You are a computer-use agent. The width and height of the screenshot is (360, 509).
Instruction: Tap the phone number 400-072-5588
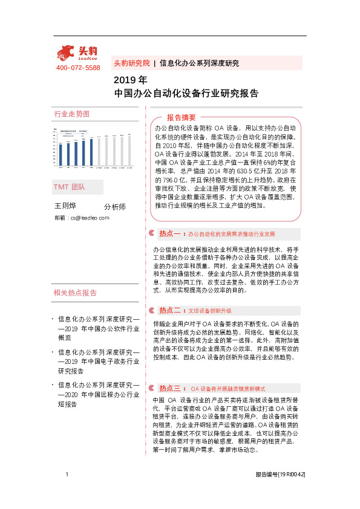[x=78, y=68]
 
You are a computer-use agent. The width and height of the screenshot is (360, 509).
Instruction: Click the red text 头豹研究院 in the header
[x=131, y=63]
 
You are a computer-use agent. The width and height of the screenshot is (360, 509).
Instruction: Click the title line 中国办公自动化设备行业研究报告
[x=186, y=94]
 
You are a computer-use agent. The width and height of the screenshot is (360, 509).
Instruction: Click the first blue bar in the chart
[x=61, y=155]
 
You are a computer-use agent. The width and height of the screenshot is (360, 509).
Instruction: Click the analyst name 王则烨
[x=66, y=206]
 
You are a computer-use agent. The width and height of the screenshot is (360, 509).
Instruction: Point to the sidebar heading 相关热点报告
[x=75, y=293]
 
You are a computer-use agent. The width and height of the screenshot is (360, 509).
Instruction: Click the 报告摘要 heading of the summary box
[x=182, y=117]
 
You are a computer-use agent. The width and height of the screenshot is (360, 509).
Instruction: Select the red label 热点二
[x=171, y=310]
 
